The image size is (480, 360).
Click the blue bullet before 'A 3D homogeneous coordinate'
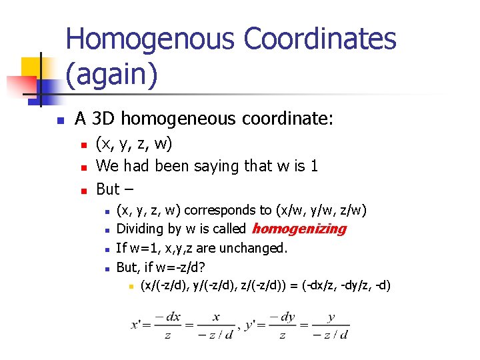point(59,121)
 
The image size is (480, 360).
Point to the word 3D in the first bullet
point(103,119)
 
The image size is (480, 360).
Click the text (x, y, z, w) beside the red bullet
point(134,143)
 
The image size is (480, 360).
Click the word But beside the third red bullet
point(108,189)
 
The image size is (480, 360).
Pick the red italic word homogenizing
point(299,229)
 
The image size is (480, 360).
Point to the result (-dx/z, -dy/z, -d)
point(346,286)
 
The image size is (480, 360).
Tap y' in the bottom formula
point(251,326)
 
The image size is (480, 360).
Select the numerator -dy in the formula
point(283,317)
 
